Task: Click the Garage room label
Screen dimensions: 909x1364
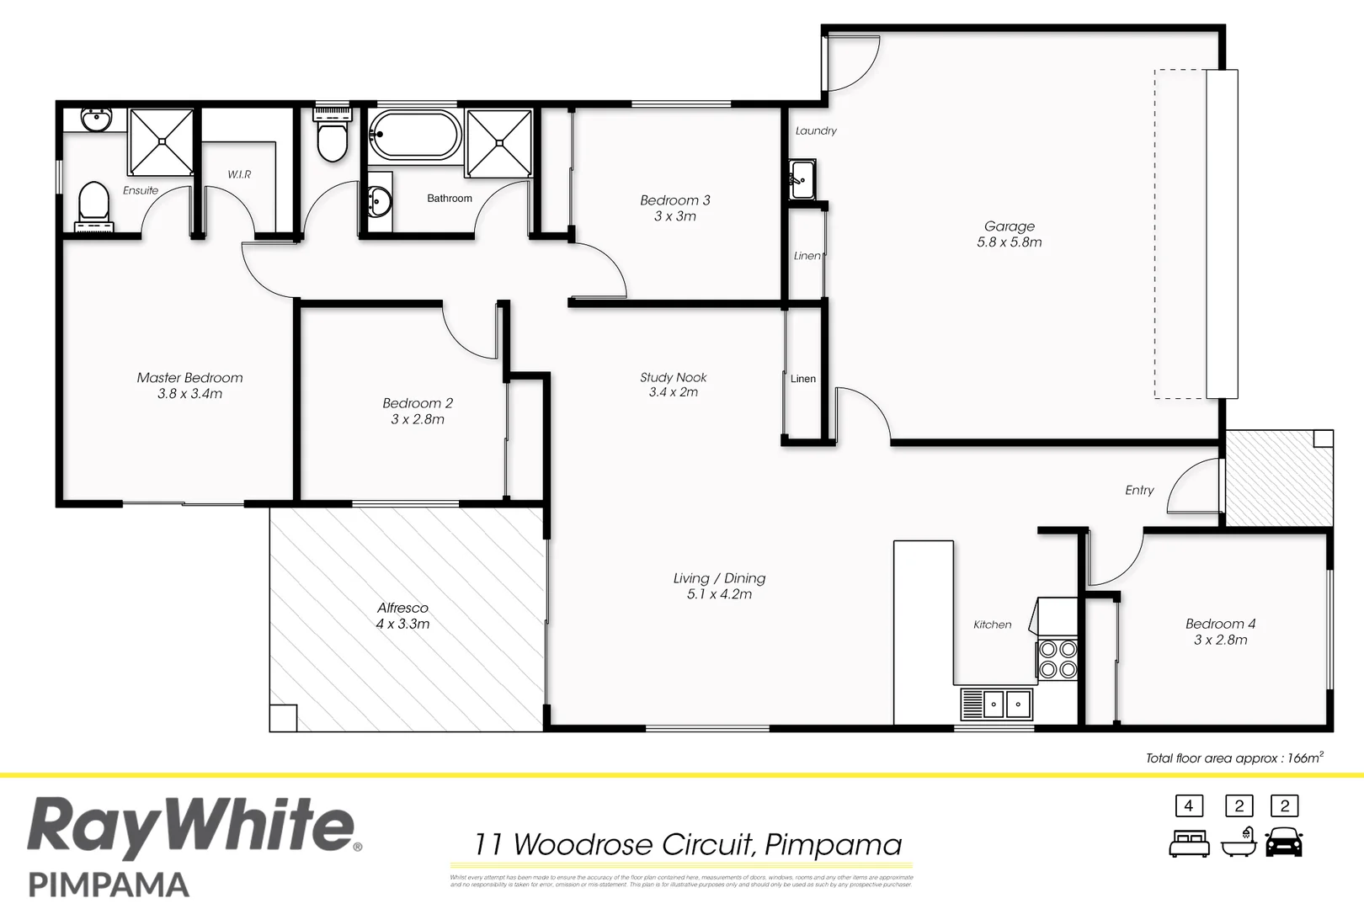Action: pyautogui.click(x=1009, y=234)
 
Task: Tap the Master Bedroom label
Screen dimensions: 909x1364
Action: pyautogui.click(x=189, y=385)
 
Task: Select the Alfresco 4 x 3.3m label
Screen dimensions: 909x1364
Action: pyautogui.click(x=402, y=615)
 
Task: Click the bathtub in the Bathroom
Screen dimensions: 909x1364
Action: pyautogui.click(x=414, y=136)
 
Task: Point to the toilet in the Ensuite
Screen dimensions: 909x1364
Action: pyautogui.click(x=93, y=205)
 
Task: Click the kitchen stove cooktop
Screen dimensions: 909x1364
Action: pyautogui.click(x=1058, y=659)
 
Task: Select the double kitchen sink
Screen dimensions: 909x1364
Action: pyautogui.click(x=996, y=703)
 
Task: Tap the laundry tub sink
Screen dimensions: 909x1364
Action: pyautogui.click(x=802, y=179)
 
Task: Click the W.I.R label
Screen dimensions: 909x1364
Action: pyautogui.click(x=239, y=174)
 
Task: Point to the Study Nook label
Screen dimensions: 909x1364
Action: pyautogui.click(x=673, y=385)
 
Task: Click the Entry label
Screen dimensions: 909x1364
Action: pyautogui.click(x=1139, y=490)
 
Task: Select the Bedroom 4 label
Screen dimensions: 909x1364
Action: pyautogui.click(x=1220, y=631)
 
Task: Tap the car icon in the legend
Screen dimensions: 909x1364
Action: pyautogui.click(x=1284, y=843)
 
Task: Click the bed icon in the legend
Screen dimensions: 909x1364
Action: pyautogui.click(x=1189, y=843)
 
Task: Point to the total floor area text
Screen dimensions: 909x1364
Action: pyautogui.click(x=1233, y=757)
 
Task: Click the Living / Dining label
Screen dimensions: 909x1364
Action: pyautogui.click(x=719, y=586)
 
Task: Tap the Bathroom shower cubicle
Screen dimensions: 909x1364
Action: pyautogui.click(x=498, y=142)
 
